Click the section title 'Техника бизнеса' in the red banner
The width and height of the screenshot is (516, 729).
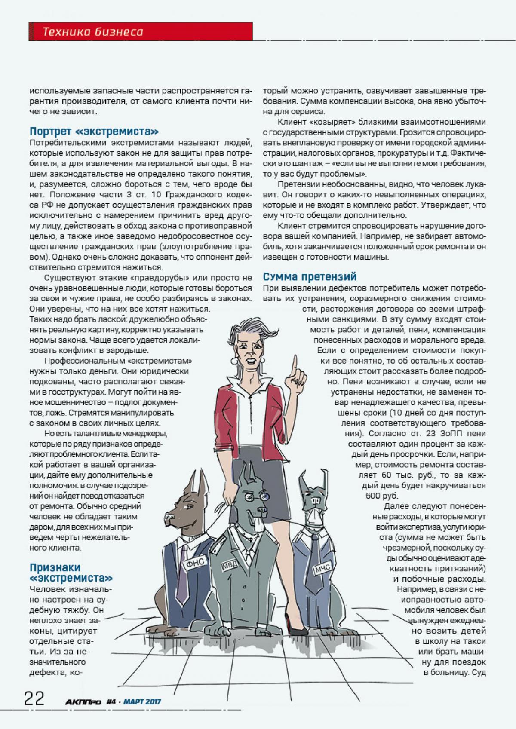pyautogui.click(x=93, y=32)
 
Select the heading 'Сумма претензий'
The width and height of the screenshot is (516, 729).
pyautogui.click(x=310, y=276)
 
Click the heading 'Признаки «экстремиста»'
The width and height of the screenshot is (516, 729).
pyautogui.click(x=71, y=573)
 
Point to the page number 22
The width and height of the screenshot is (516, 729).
pyautogui.click(x=34, y=699)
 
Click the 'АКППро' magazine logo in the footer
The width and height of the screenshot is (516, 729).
pyautogui.click(x=81, y=702)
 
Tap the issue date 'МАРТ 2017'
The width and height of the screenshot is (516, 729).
pyautogui.click(x=142, y=702)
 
